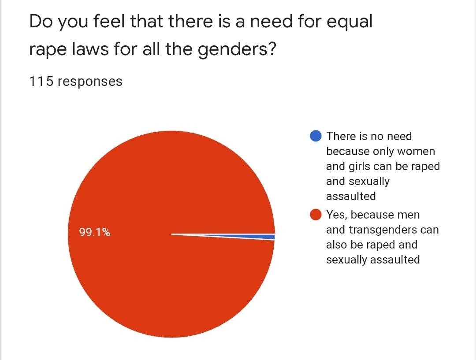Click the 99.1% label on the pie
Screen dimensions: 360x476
95,232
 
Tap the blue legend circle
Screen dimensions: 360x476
316,136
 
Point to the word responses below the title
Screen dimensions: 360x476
90,82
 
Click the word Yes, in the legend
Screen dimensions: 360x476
337,215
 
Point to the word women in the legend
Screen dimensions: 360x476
416,151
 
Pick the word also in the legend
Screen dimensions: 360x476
337,245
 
